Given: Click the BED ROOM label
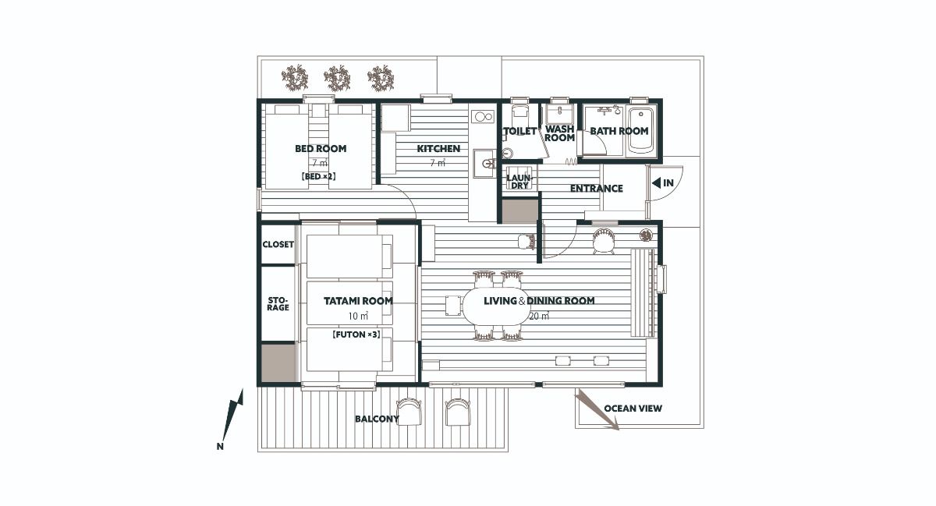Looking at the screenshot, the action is [x=321, y=149].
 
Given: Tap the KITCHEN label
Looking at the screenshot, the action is [x=438, y=149].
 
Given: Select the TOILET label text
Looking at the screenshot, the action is [x=519, y=131].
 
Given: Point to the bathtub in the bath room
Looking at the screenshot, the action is [x=640, y=131].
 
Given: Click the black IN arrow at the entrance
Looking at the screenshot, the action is [x=656, y=182].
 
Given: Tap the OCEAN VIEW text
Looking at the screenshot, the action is [x=633, y=409].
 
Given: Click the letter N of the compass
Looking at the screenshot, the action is [x=220, y=446].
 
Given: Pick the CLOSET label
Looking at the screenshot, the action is [x=278, y=245].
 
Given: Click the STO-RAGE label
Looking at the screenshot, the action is [x=278, y=304].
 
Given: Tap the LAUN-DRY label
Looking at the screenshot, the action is [x=519, y=182].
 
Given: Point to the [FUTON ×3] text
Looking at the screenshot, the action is [x=356, y=334].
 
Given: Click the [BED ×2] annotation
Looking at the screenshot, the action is [x=318, y=176].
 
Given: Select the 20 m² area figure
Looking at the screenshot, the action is [x=539, y=317].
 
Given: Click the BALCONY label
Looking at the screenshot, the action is [x=377, y=419].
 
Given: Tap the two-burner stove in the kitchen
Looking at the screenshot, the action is [x=483, y=117].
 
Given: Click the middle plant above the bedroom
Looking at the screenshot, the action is [x=337, y=78].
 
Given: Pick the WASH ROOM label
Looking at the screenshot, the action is [x=559, y=133].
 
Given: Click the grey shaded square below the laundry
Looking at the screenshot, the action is [x=519, y=211].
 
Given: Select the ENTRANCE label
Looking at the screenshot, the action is [x=596, y=189].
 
